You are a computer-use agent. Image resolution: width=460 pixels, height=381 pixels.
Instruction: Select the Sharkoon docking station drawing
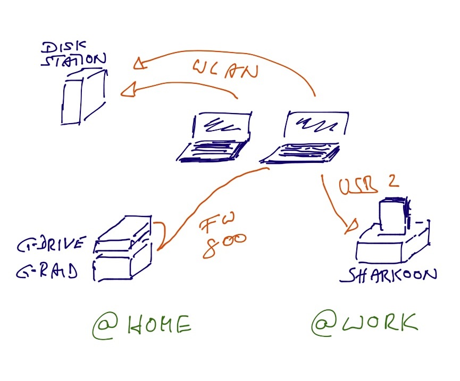(394, 236)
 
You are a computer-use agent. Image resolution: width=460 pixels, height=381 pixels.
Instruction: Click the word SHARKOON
(392, 274)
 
